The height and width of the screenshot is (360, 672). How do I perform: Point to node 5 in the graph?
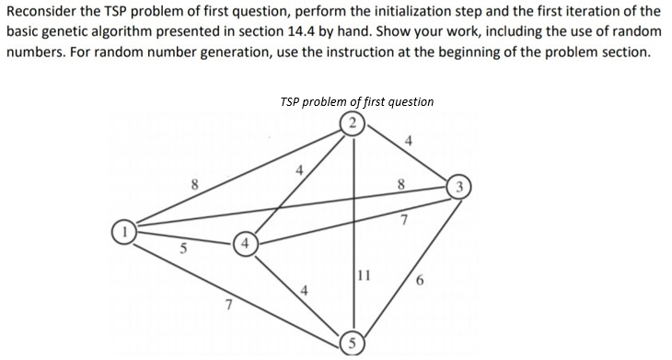point(351,346)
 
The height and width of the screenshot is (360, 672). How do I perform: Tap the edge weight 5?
point(183,247)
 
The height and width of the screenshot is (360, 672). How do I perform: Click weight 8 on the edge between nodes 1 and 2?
point(194,183)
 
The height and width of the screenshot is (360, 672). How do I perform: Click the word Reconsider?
point(41,11)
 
